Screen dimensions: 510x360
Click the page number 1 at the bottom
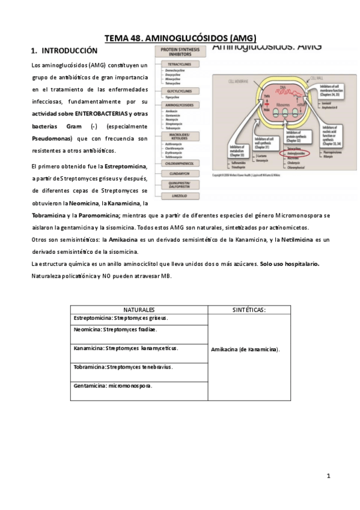click(329, 476)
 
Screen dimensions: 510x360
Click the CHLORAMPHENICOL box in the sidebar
click(180, 163)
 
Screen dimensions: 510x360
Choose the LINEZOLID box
click(180, 195)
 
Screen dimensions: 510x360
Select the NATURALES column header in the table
click(139, 309)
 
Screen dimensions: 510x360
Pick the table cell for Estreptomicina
click(139, 318)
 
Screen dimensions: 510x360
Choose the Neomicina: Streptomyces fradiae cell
click(139, 330)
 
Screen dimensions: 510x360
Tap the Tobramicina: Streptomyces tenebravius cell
click(139, 366)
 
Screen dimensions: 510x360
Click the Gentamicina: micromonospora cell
click(139, 386)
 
